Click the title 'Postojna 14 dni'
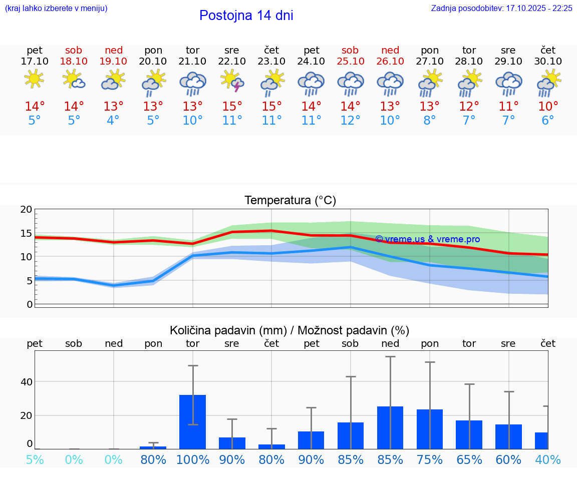coord(246,16)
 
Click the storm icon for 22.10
coord(232,81)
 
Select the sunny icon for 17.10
coord(34,80)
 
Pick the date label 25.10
coord(350,61)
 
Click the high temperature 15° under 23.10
coord(271,107)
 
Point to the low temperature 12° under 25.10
coord(350,121)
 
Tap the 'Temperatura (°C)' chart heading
coord(290,201)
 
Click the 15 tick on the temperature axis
coord(26,233)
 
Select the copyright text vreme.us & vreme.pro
coord(427,239)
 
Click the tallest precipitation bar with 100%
coord(193,421)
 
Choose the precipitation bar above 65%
coord(469,434)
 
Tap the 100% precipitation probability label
coord(193,459)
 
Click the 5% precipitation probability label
coord(35,459)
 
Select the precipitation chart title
coord(290,330)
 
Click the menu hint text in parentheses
coord(56,9)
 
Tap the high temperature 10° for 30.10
coord(548,107)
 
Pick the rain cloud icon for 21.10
coord(193,83)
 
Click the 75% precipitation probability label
coord(430,459)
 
